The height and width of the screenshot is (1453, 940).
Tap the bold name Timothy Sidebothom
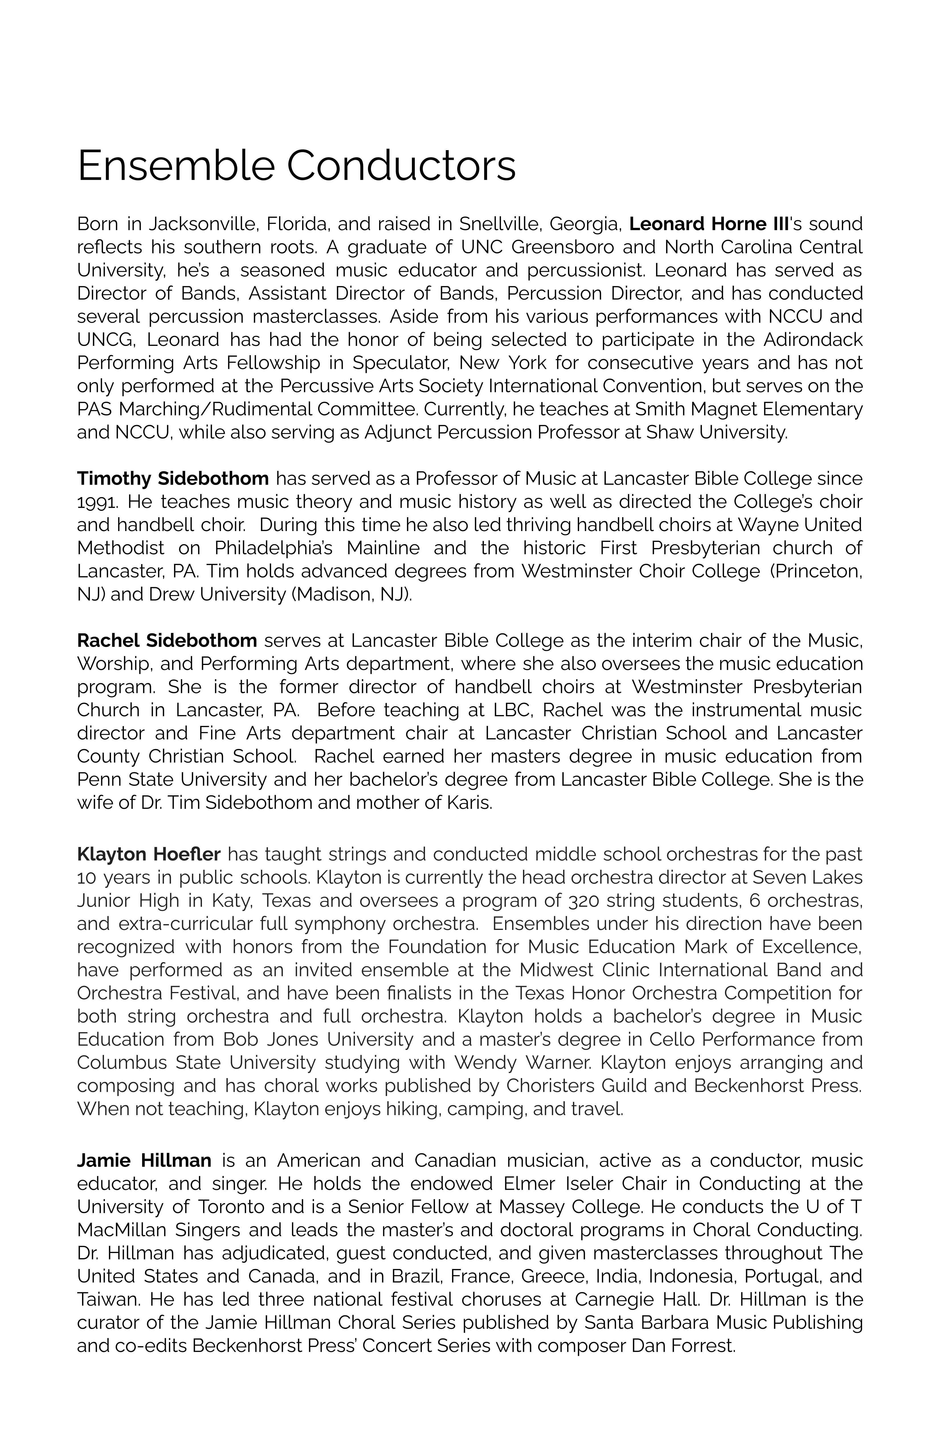point(173,479)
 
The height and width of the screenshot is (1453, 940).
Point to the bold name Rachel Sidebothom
point(167,640)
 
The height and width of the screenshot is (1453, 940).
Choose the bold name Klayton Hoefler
point(148,854)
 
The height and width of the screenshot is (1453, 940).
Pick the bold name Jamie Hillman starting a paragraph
point(144,1160)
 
